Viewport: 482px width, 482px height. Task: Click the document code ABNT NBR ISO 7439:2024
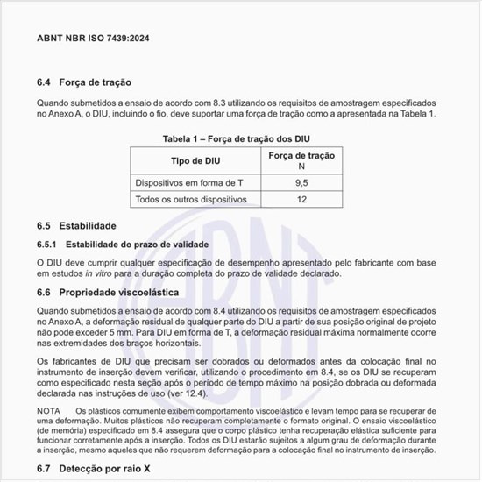[x=95, y=39]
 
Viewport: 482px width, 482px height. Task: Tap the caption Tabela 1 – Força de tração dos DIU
[x=236, y=138]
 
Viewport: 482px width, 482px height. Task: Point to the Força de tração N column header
[x=301, y=160]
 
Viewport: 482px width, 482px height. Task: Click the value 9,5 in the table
[x=301, y=182]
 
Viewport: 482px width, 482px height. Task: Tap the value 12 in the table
[x=301, y=200]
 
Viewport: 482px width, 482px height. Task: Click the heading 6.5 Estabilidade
[x=77, y=226]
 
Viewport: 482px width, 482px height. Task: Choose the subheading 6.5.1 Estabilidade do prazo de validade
[x=123, y=244]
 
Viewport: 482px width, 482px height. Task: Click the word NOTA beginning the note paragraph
[x=49, y=411]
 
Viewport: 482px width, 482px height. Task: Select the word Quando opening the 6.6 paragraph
[x=54, y=311]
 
